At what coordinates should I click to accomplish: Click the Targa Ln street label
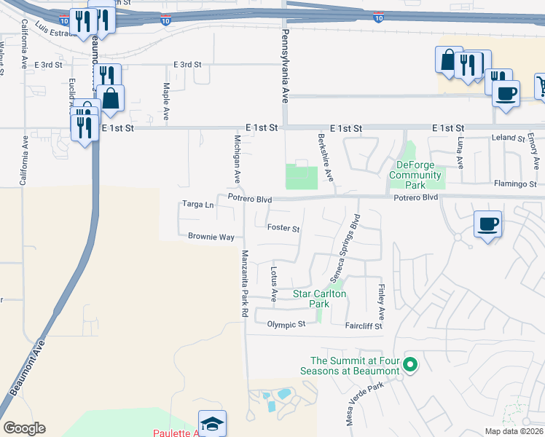pyautogui.click(x=198, y=205)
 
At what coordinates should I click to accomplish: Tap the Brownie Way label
pyautogui.click(x=211, y=237)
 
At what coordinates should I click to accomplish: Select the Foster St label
pyautogui.click(x=283, y=229)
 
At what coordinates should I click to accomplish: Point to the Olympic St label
pyautogui.click(x=286, y=324)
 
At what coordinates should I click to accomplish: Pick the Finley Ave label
pyautogui.click(x=381, y=300)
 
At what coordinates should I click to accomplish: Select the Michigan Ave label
pyautogui.click(x=237, y=159)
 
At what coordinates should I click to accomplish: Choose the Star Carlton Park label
pyautogui.click(x=319, y=299)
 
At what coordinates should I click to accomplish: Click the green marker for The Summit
pyautogui.click(x=410, y=366)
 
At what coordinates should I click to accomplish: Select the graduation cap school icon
pyautogui.click(x=212, y=423)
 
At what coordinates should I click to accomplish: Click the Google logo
pyautogui.click(x=24, y=428)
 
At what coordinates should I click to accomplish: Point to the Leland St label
pyautogui.click(x=509, y=138)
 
